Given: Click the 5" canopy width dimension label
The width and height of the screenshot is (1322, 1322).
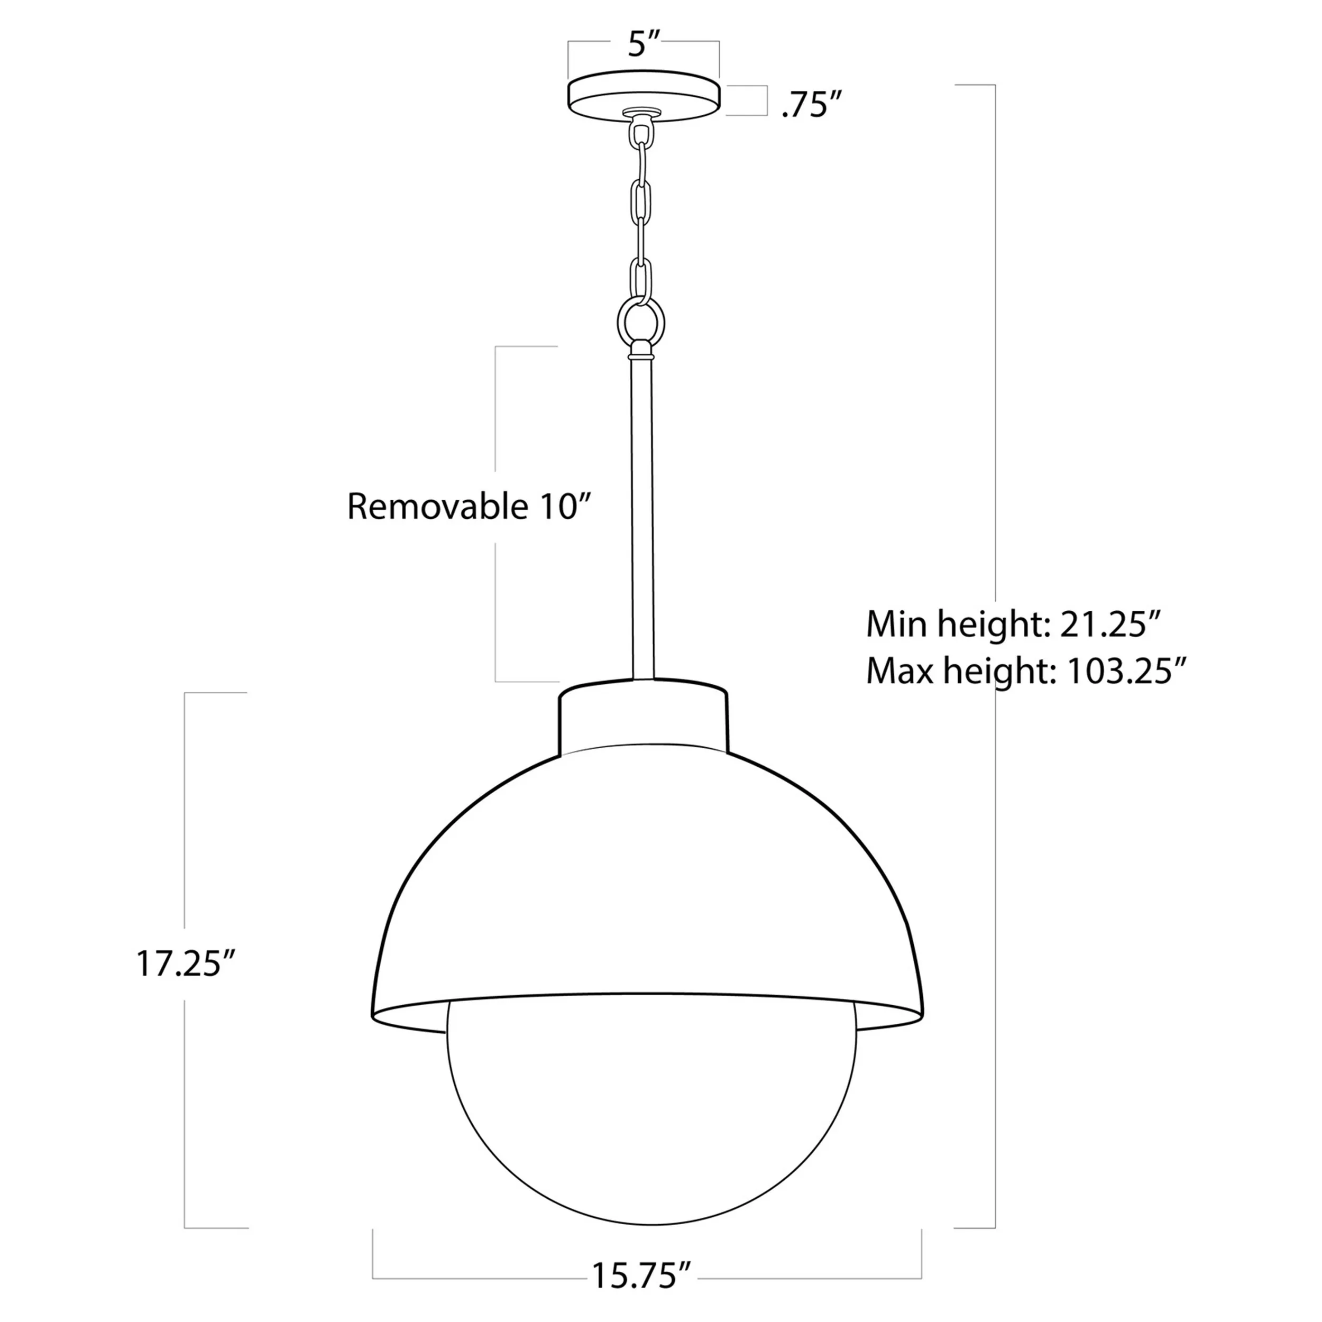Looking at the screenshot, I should [x=642, y=45].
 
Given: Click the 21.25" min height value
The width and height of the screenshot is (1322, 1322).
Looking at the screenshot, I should [x=1110, y=624].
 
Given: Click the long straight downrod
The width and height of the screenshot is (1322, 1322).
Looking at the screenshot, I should [x=642, y=520].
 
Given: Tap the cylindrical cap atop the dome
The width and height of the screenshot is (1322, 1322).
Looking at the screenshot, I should [x=643, y=715].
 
